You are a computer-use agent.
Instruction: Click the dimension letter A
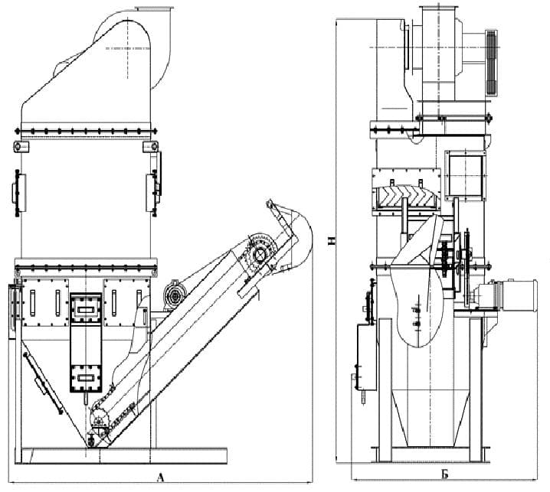(x=160, y=477)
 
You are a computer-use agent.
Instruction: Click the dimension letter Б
(x=445, y=474)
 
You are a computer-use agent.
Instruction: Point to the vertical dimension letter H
(x=331, y=241)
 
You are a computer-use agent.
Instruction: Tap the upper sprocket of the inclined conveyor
(x=259, y=255)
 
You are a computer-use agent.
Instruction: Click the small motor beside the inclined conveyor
(x=175, y=295)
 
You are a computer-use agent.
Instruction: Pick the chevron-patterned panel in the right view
(x=406, y=197)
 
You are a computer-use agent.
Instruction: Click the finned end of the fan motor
(x=492, y=63)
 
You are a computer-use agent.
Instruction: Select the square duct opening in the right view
(x=466, y=176)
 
